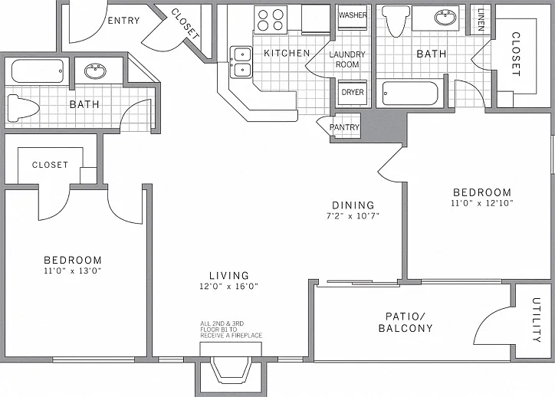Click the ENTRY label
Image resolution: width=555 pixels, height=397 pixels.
(x=123, y=21)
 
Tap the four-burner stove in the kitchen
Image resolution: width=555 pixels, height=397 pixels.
(x=271, y=20)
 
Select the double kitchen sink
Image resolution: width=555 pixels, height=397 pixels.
(x=241, y=62)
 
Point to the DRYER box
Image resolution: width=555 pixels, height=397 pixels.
(x=353, y=93)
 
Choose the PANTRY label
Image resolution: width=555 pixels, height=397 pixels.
(x=344, y=127)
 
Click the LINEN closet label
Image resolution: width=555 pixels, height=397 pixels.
(x=481, y=19)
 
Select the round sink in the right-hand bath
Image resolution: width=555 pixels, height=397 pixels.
(x=445, y=18)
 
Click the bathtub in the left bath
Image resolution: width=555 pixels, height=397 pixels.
(x=38, y=71)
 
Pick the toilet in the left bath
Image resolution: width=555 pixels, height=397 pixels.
(x=23, y=107)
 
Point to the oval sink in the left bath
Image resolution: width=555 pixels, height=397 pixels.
(x=95, y=71)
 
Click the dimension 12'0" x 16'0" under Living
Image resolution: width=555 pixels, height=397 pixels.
(x=228, y=286)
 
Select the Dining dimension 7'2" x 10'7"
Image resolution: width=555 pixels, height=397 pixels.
(x=353, y=215)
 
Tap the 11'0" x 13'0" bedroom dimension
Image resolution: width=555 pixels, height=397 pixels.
(x=73, y=271)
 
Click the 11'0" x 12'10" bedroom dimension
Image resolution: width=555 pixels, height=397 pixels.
(x=482, y=203)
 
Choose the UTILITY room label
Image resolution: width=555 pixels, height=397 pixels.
(x=537, y=320)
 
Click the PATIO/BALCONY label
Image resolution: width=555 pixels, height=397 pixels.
(x=406, y=323)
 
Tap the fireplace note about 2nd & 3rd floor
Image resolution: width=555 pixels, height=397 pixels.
(x=232, y=330)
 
